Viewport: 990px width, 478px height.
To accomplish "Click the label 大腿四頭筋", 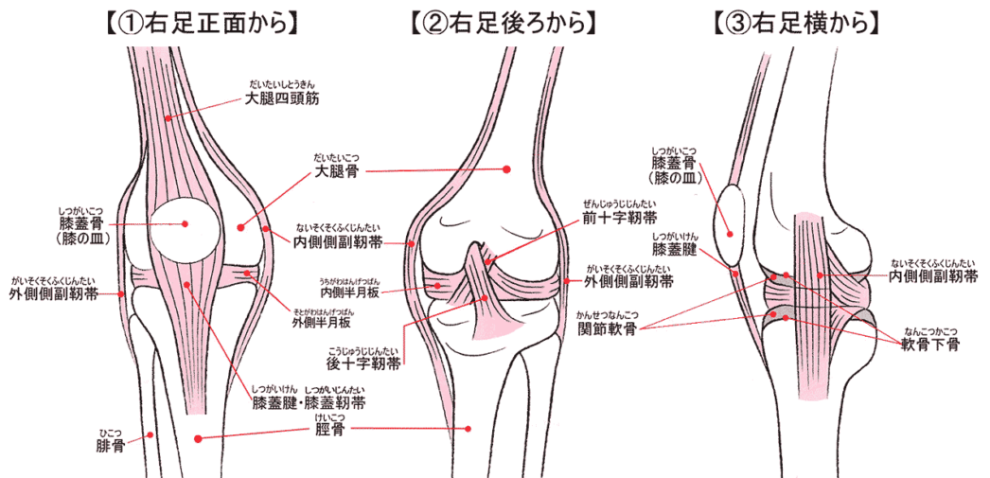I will coord(281,97).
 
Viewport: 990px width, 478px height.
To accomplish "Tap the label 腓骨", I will coord(110,445).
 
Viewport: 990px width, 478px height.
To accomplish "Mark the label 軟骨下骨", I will coord(928,346).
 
